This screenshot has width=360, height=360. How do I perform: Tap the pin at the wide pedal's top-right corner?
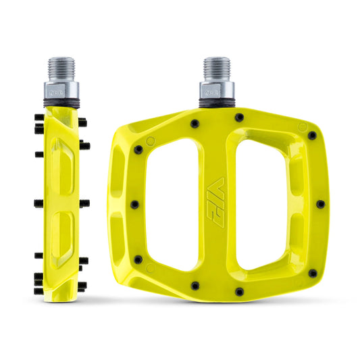point(311,135)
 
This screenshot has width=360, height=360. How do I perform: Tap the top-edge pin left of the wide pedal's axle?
point(195,124)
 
